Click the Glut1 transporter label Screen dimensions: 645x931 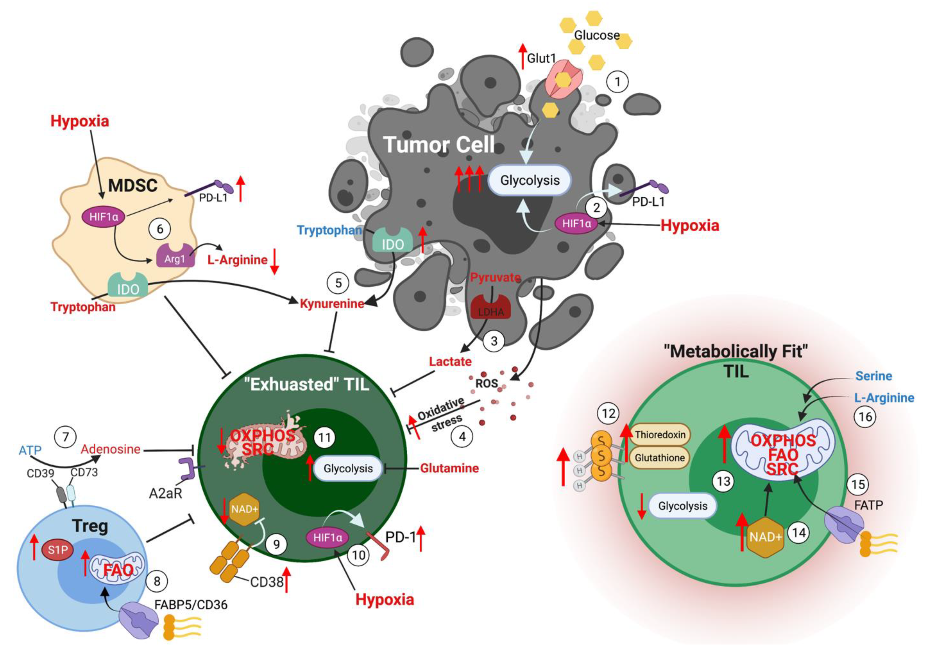(541, 59)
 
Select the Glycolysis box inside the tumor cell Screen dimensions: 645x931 (529, 180)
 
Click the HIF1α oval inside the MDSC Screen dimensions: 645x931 (104, 217)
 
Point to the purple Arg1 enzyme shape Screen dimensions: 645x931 (175, 256)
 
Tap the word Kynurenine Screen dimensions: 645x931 (332, 303)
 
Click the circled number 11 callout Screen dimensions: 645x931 (324, 438)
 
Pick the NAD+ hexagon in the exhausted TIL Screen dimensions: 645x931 (244, 509)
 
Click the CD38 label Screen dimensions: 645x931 (267, 582)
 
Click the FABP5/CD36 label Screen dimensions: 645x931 (191, 605)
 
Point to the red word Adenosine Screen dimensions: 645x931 (110, 449)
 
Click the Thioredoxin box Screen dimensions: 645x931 (660, 435)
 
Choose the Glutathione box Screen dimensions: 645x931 (659, 458)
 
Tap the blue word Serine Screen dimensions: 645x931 (874, 376)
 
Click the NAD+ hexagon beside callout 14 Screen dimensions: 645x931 (765, 537)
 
